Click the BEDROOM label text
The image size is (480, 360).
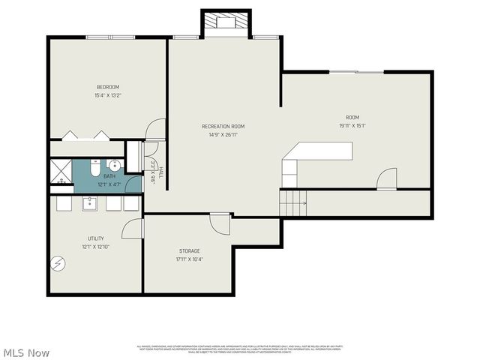point(108,87)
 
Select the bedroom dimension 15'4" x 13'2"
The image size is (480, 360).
point(108,95)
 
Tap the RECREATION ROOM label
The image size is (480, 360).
point(223,126)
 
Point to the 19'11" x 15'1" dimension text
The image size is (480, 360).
point(352,125)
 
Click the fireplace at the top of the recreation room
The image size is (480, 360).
point(226,22)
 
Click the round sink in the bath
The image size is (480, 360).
point(114,166)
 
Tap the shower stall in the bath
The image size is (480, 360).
point(60,172)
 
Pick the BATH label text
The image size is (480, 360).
point(109,176)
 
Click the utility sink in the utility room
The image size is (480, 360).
point(91,202)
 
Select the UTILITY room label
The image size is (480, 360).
point(95,238)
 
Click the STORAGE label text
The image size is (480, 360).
point(189,250)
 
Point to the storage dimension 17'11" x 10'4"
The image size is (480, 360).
point(189,259)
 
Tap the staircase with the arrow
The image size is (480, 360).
point(294,202)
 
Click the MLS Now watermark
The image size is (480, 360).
point(26,352)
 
